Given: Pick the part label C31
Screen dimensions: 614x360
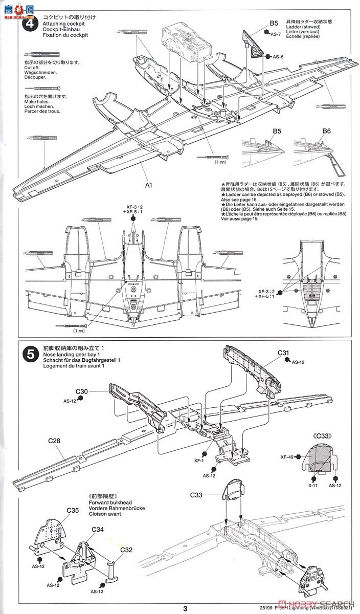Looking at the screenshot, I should (284, 353).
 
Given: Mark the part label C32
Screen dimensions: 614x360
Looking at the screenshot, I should (126, 550).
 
